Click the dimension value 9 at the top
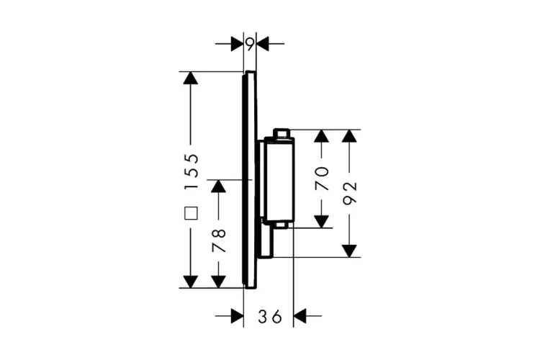tap(249, 45)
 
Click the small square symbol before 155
tap(191, 213)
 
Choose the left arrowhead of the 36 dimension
tap(237, 315)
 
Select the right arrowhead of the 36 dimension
tap(301, 315)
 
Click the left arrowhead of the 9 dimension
tap(237, 45)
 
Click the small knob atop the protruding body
tap(282, 134)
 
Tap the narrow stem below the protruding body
tap(267, 241)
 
